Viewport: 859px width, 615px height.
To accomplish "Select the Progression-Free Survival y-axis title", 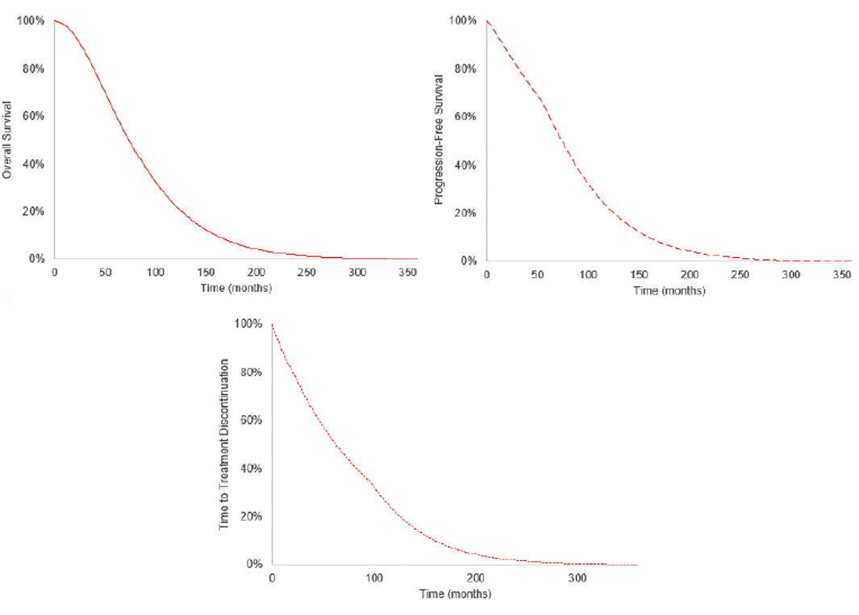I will [x=440, y=139].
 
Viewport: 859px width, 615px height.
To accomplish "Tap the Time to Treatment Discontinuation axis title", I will [x=225, y=443].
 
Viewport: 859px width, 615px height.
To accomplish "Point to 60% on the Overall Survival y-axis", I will [x=32, y=116].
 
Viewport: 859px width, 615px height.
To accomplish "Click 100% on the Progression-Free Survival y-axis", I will [x=464, y=20].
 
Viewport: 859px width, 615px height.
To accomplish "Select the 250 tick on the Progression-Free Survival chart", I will [x=740, y=276].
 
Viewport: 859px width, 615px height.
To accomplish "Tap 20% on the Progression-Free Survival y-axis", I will [x=466, y=214].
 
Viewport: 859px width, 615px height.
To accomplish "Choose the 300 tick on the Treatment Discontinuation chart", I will [x=577, y=579].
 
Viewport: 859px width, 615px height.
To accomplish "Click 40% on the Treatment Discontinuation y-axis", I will [x=250, y=468].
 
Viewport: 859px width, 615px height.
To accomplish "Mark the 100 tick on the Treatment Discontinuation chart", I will [x=373, y=579].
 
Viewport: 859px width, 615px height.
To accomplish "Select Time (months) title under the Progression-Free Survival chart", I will [x=669, y=291].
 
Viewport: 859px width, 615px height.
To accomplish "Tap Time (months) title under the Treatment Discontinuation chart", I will [x=455, y=594].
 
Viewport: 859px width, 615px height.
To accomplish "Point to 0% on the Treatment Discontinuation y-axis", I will [x=253, y=564].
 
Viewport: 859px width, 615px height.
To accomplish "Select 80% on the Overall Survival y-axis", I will [x=32, y=69].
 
